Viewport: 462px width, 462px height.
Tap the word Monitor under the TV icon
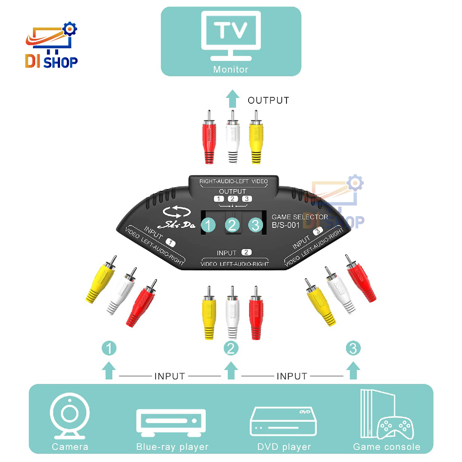[x=231, y=69]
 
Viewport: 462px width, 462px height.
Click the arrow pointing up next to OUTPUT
[x=232, y=99]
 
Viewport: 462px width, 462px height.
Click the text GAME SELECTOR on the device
[x=300, y=217]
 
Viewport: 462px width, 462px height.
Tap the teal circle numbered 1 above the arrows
[x=109, y=348]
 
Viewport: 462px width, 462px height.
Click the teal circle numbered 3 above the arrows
[x=353, y=348]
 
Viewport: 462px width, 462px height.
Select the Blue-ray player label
[x=172, y=447]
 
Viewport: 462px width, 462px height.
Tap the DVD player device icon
[x=283, y=422]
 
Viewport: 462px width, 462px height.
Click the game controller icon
[x=395, y=428]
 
